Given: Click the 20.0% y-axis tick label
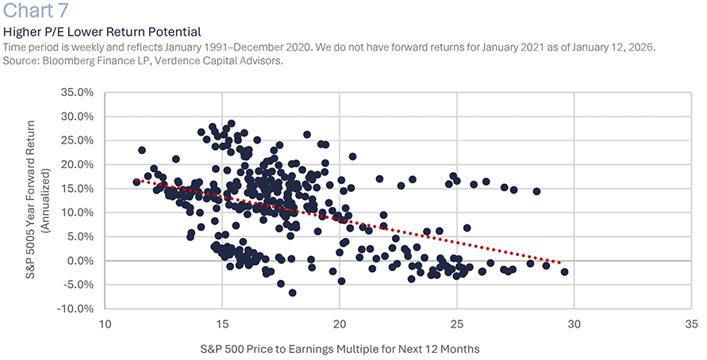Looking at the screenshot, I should [x=77, y=164].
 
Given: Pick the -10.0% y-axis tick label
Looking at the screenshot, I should [x=75, y=308].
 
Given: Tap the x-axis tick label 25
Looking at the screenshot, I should [x=456, y=324].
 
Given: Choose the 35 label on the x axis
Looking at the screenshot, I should [x=691, y=324].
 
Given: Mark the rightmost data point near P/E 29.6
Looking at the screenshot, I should [x=564, y=272].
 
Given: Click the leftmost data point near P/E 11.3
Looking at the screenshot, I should [x=136, y=182].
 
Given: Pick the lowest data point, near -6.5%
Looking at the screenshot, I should [x=292, y=293].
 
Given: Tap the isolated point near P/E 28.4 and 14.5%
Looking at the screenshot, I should [x=536, y=191].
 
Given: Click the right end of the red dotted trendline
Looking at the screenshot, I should [x=559, y=262].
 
